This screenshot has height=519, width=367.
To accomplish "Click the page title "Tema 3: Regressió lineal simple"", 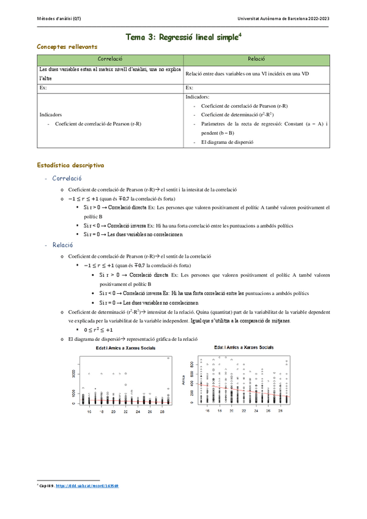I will (182, 37).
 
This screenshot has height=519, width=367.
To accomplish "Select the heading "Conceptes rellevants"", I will (67, 47).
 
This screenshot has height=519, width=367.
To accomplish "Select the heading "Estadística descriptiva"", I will (70, 165).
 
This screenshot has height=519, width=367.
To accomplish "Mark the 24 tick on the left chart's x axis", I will (138, 412).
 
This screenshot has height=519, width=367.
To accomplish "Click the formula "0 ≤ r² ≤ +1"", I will (98, 330).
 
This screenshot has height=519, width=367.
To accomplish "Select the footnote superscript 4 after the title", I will (240, 34).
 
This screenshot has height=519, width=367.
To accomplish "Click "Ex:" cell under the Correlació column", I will (43, 88).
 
